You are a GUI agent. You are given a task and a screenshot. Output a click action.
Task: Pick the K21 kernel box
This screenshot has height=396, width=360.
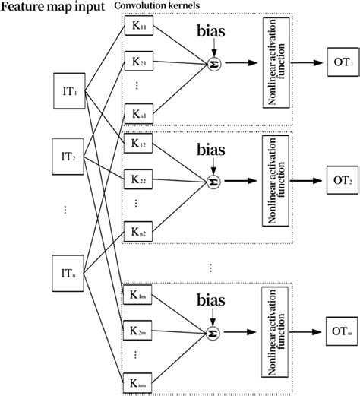[x=141, y=66]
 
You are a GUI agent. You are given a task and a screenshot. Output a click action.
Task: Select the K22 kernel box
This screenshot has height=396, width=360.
[x=141, y=181]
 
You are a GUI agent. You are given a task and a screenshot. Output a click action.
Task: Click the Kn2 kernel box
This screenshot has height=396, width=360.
[x=141, y=230]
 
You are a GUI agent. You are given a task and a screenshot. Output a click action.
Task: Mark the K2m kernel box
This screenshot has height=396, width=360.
[x=141, y=331]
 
